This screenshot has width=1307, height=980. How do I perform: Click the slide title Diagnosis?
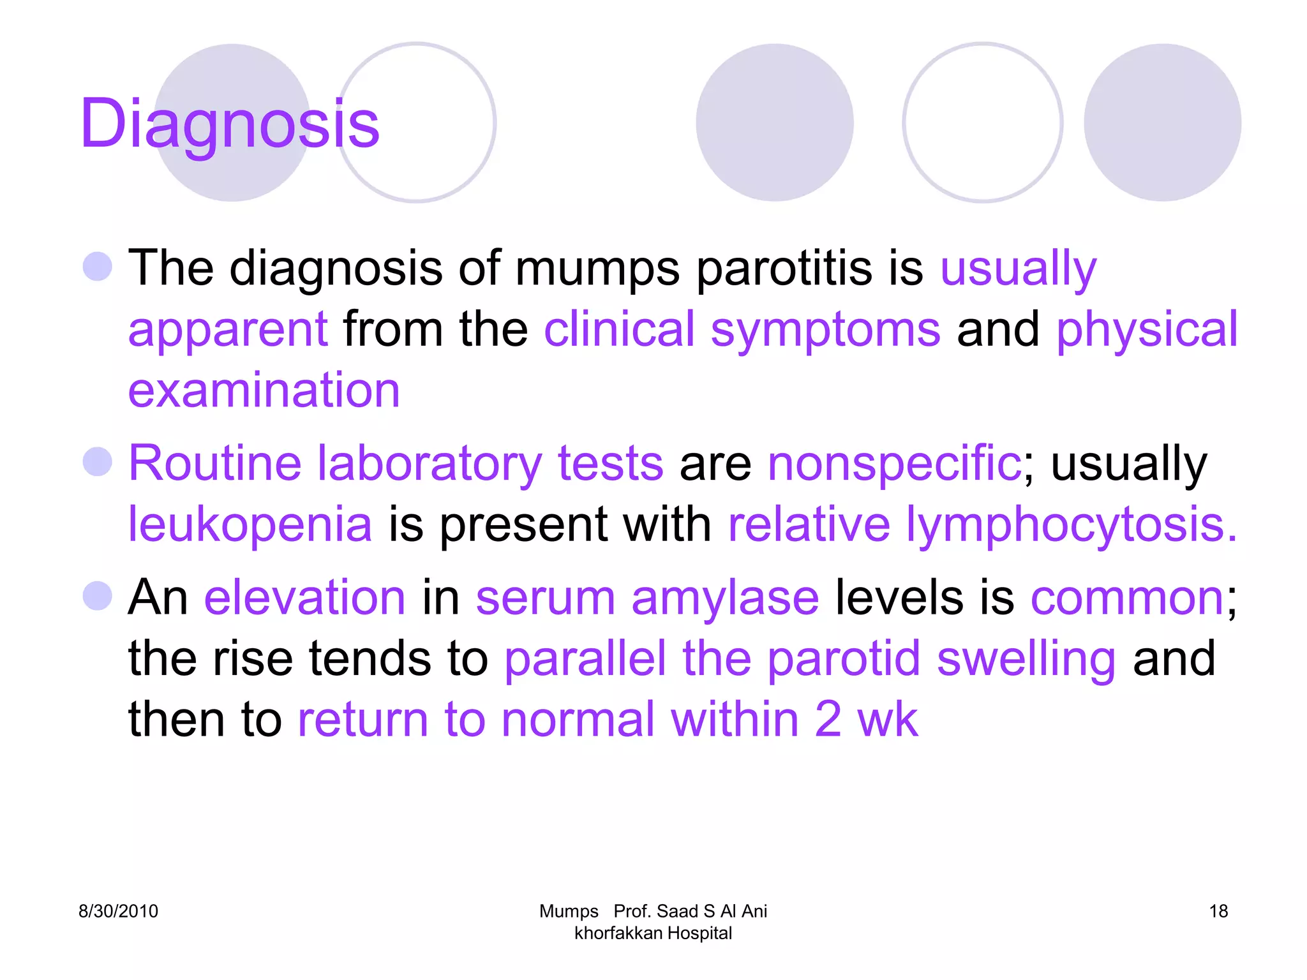(230, 124)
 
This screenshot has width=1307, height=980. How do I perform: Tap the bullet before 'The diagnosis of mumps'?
(98, 266)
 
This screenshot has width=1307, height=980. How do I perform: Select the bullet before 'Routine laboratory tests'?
(98, 461)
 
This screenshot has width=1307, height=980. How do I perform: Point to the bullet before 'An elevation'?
(98, 596)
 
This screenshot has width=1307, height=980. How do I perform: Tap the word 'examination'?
(264, 390)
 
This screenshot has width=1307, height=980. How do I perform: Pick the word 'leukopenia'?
(250, 524)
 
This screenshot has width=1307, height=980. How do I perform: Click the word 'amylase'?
(725, 598)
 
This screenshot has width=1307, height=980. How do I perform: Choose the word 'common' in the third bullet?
(1127, 598)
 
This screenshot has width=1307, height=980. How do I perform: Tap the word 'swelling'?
(1026, 659)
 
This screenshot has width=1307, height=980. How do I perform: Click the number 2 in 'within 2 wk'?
(828, 719)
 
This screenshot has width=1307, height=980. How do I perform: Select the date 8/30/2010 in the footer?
(118, 911)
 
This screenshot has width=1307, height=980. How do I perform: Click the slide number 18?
(1218, 911)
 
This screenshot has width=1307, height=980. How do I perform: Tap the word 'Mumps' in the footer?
(569, 911)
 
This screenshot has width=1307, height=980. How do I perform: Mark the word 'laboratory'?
(429, 463)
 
